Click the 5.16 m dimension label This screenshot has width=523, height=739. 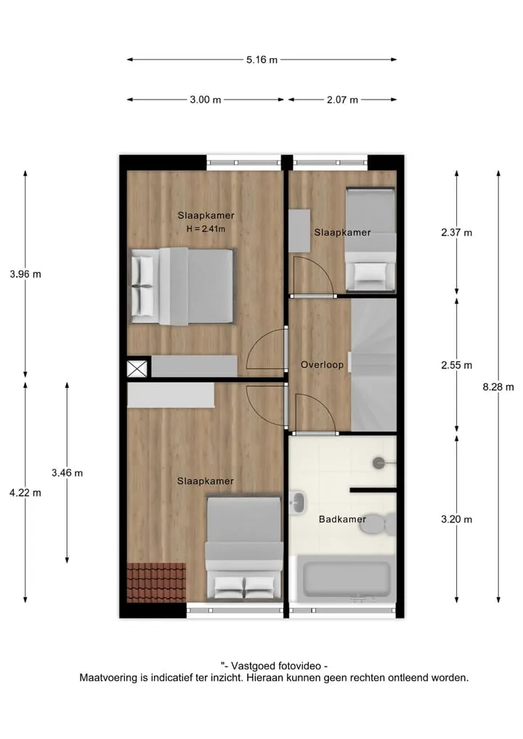262,60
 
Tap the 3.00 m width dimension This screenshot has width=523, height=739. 206,100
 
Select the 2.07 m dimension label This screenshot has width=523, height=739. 343,100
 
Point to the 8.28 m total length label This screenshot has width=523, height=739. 498,387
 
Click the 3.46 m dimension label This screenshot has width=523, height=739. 68,473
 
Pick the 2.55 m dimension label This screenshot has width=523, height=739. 457,366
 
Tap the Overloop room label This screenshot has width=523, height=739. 323,365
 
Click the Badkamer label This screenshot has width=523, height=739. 343,520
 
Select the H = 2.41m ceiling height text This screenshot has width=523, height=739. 206,229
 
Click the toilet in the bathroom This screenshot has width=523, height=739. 378,524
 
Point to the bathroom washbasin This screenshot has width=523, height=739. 298,502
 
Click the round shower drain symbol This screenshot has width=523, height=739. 379,463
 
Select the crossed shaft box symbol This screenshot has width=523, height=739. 137,368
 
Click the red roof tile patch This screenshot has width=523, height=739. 156,583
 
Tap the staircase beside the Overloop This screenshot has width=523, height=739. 373,366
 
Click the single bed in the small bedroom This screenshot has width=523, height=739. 370,239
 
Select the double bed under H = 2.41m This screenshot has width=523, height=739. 182,286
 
